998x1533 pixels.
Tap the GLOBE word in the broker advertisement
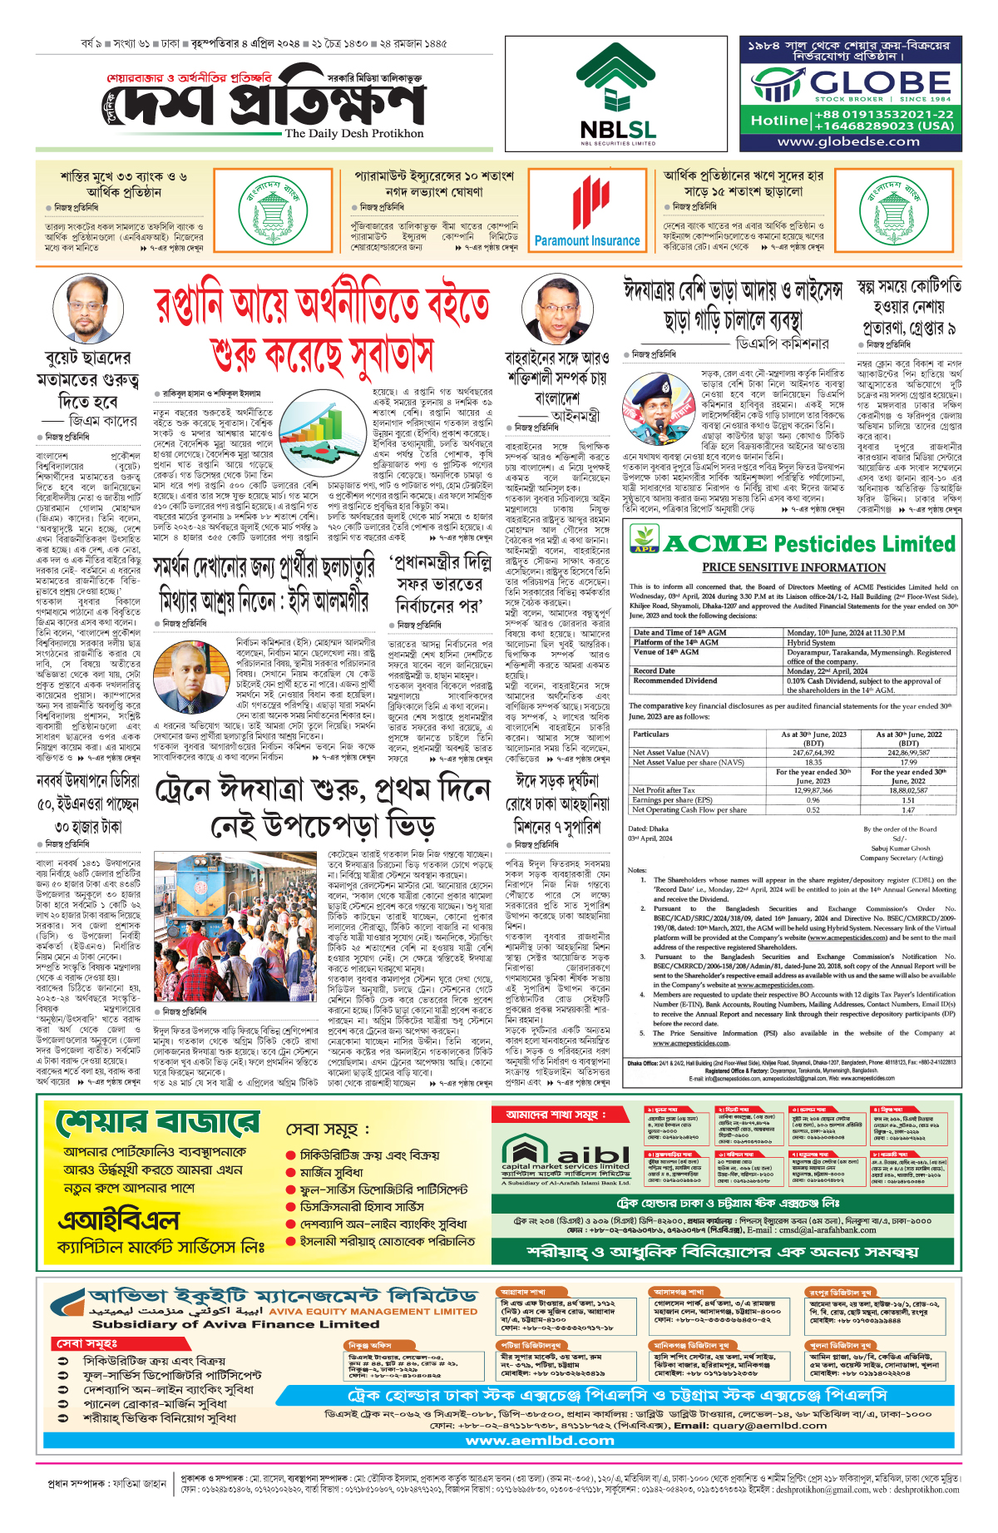[x=880, y=83]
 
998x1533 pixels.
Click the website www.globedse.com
[x=848, y=142]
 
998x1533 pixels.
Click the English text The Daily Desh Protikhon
[x=354, y=133]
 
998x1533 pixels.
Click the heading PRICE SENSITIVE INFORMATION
[x=793, y=567]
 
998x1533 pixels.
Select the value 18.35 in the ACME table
[x=813, y=762]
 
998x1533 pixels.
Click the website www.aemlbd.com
[x=540, y=1441]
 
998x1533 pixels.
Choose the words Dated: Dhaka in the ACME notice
[x=648, y=828]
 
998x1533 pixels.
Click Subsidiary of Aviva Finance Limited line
[x=235, y=1324]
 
